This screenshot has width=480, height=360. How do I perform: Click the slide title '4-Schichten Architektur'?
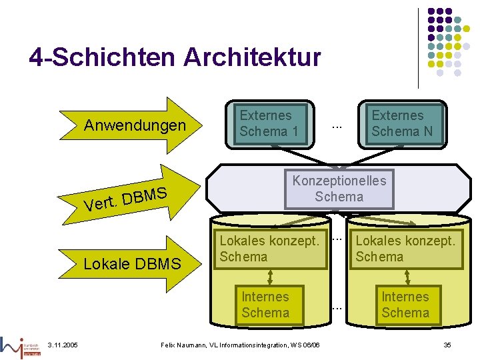(175, 58)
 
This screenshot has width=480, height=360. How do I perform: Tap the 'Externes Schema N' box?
(401, 123)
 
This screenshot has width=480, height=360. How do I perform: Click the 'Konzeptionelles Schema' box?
(339, 188)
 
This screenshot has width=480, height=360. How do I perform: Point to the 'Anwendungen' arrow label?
(135, 125)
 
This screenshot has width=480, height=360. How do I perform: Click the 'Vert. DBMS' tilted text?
(125, 198)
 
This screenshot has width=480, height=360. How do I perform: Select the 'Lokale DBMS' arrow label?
(132, 264)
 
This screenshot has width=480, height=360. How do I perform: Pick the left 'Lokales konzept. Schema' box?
(269, 249)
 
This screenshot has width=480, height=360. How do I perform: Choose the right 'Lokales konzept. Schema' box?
(405, 249)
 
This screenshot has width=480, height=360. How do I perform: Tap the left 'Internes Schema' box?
(265, 305)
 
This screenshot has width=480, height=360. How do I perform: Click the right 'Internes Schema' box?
(405, 305)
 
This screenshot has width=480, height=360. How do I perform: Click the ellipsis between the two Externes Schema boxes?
(337, 126)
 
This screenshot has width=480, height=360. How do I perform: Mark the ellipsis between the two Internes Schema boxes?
(337, 307)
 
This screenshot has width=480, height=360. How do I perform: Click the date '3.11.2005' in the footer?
(63, 344)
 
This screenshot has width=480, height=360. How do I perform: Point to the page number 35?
(447, 344)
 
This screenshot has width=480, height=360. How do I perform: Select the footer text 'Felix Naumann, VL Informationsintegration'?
(241, 344)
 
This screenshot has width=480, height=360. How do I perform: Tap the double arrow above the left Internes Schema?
(270, 277)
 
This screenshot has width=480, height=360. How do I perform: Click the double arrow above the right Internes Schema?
(404, 277)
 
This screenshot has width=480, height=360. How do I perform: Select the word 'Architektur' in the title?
(252, 58)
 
